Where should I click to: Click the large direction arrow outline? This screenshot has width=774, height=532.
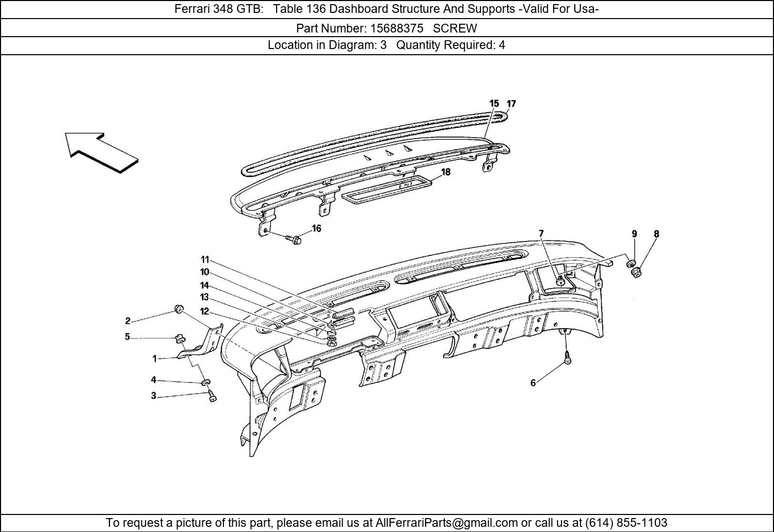102,153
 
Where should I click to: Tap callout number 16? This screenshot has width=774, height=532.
316,229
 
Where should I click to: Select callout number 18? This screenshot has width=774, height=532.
446,172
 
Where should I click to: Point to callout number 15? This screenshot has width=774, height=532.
494,103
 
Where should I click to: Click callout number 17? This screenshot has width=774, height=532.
511,103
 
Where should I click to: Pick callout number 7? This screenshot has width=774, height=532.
541,234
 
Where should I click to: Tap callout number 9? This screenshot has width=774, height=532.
634,234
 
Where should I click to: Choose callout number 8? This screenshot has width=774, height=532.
656,234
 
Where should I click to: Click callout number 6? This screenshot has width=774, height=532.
533,383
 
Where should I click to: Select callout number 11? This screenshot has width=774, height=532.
205,260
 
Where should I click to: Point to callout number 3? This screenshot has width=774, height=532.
154,396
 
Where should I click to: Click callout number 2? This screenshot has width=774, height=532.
128,321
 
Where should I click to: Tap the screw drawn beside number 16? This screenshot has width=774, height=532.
294,239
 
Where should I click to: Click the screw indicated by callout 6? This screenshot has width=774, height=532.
568,357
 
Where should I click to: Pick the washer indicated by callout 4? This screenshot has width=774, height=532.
206,382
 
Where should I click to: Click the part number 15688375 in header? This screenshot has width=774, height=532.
397,28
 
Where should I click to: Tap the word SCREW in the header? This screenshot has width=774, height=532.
455,28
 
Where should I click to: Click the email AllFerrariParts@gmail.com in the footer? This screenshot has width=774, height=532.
446,522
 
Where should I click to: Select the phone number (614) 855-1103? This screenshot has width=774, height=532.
626,522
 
